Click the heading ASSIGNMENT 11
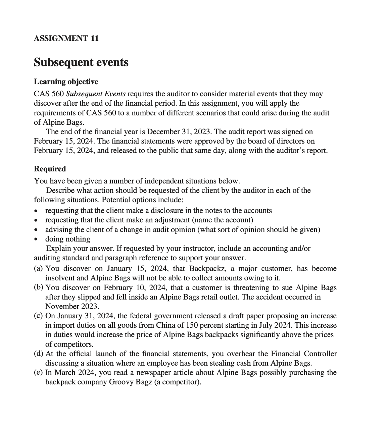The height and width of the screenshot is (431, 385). click(x=66, y=38)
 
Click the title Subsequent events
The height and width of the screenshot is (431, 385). click(x=81, y=62)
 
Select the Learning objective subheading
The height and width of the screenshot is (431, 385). click(x=66, y=82)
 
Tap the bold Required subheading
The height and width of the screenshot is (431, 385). click(x=50, y=169)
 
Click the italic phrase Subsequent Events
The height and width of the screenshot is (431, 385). click(x=98, y=94)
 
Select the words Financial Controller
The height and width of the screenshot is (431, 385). click(x=303, y=354)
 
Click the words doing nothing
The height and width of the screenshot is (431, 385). click(x=67, y=239)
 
